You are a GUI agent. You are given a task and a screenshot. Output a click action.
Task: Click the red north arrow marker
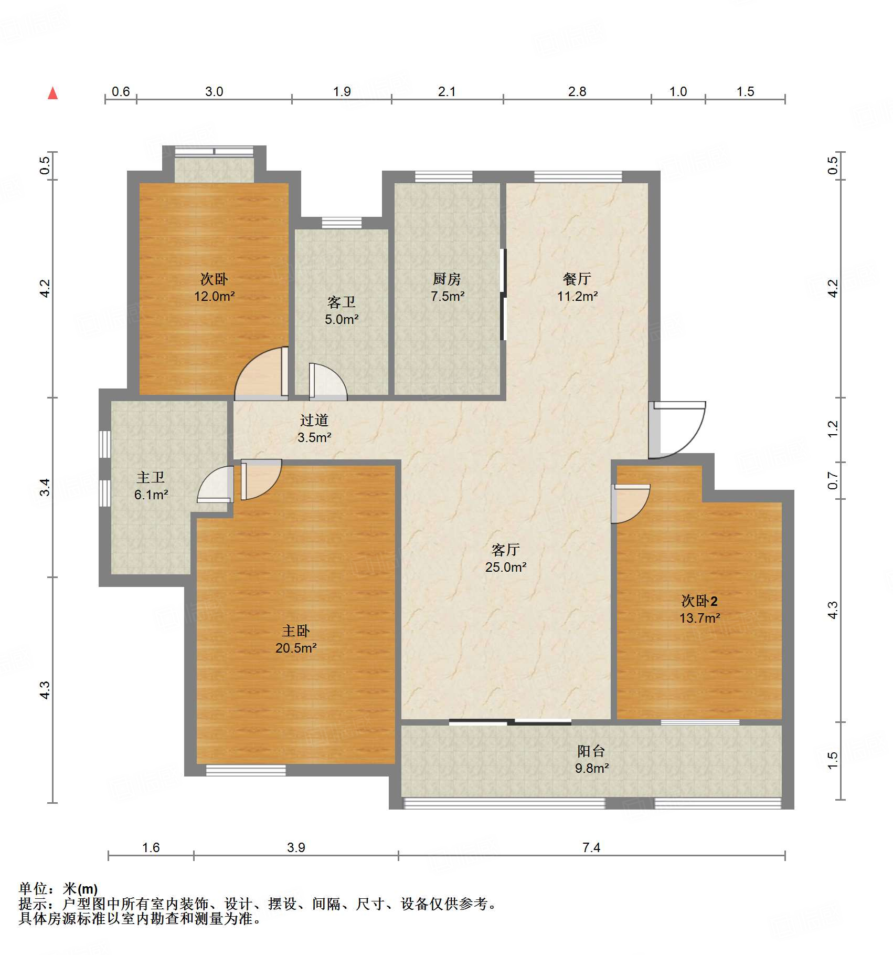tap(52, 93)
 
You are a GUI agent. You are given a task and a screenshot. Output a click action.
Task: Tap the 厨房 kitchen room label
tap(447, 279)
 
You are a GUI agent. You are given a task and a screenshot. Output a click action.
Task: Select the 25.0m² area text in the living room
tap(505, 567)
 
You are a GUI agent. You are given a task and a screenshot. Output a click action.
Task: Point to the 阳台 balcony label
tap(591, 751)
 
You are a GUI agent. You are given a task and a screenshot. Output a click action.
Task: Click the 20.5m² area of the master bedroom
tap(296, 648)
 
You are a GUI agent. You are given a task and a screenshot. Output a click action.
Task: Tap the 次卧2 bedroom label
tap(699, 601)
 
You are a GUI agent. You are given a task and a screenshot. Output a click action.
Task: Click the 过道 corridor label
tap(314, 420)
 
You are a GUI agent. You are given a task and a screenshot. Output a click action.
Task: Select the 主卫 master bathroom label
tap(151, 477)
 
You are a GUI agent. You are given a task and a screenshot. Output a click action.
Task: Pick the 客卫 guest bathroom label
tap(341, 302)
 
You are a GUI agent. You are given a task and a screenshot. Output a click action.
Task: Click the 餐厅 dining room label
tap(577, 279)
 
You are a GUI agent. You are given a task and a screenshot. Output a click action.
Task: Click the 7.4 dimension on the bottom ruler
tap(591, 847)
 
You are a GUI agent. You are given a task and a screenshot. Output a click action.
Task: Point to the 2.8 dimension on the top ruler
tap(577, 92)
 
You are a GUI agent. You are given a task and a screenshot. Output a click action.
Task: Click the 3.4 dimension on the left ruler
tap(45, 487)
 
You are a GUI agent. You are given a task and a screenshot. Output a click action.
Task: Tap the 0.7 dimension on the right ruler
tap(833, 480)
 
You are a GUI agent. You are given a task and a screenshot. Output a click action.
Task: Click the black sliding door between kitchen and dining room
tap(503, 294)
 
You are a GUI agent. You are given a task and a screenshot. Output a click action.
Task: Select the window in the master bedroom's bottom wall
tap(246, 770)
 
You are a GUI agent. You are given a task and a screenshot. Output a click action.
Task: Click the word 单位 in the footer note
tap(33, 888)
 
